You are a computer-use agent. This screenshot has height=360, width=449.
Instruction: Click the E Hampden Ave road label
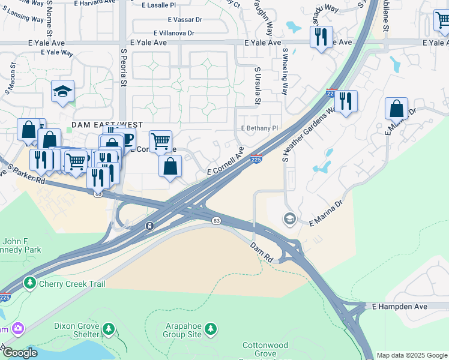(399, 306)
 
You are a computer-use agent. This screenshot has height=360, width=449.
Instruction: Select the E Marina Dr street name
(325, 214)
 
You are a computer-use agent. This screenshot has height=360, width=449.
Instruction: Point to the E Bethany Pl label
(259, 128)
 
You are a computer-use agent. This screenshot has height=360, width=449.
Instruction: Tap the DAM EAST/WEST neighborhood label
(107, 125)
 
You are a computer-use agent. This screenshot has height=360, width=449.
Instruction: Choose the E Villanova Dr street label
(174, 34)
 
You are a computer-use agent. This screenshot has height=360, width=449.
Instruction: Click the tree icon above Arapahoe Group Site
(211, 328)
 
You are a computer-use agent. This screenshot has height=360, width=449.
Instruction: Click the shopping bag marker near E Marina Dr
(396, 109)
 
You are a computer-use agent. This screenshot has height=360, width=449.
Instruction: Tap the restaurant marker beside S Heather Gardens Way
(345, 101)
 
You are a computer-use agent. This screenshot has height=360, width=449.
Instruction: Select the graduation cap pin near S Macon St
(62, 92)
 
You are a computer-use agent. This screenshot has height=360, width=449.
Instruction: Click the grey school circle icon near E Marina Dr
(290, 218)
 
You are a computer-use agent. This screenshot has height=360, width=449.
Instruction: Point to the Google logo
(19, 353)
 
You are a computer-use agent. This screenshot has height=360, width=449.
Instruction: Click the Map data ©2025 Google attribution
(412, 355)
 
